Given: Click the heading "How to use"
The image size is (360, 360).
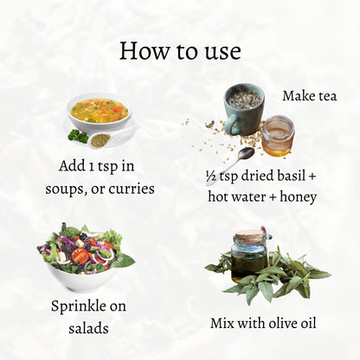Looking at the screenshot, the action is coord(180,51).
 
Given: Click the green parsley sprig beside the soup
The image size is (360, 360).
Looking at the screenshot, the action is coord(78,136).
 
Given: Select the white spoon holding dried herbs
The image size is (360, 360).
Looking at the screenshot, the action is coord(111,138).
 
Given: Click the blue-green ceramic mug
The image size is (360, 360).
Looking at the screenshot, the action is coord(244,109).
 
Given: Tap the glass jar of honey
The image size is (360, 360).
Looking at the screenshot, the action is coord(278,136).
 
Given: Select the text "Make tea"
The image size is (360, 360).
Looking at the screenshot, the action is coord(310,95).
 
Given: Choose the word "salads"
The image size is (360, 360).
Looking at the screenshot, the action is coord(88,328).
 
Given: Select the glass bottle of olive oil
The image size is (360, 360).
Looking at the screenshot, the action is coord(249,256).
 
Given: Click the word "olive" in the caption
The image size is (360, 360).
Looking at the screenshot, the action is coord(283,323).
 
